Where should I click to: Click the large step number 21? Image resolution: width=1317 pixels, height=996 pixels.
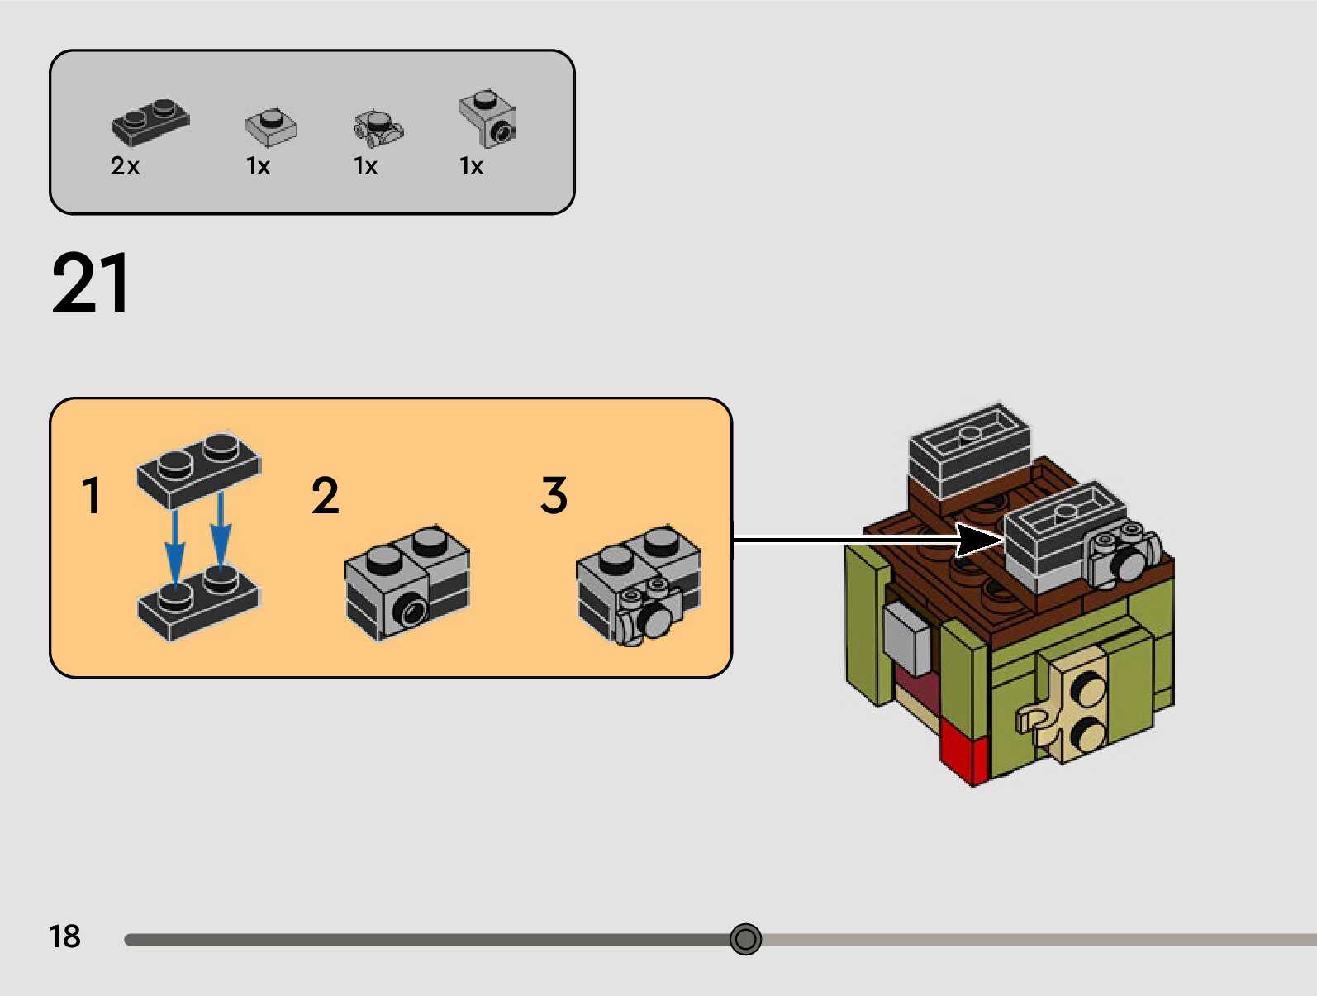pos(90,284)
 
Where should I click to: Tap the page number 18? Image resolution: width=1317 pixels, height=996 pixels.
pos(64,936)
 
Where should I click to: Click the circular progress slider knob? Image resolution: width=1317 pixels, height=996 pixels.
pos(745,939)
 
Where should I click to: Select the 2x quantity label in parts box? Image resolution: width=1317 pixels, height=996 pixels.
pos(125,166)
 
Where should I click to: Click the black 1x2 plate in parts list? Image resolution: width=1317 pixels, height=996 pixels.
pos(150,122)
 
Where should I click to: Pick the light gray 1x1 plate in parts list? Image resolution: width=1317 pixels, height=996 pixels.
pos(271,126)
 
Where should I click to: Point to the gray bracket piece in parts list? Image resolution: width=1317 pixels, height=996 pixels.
pos(488,119)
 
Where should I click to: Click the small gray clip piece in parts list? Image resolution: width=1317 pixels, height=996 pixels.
pos(378,126)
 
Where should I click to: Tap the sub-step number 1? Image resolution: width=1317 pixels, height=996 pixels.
pos(91,496)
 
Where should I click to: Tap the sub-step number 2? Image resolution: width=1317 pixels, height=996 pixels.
pos(325,496)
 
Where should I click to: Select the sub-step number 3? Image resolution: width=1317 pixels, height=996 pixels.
pos(554,496)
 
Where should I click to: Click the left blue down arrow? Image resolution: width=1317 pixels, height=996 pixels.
pos(174,546)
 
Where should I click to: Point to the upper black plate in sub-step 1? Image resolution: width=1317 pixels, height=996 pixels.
pos(199,467)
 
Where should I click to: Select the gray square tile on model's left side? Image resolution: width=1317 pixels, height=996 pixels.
pos(906,637)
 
